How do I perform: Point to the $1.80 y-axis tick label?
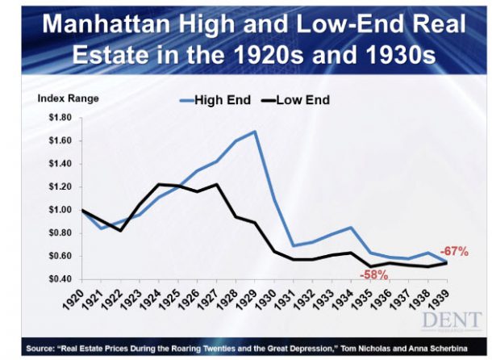pyautogui.click(x=60, y=118)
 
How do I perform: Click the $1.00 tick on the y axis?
pyautogui.click(x=60, y=210)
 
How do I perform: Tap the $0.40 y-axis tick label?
pyautogui.click(x=60, y=278)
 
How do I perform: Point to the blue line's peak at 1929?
pyautogui.click(x=256, y=131)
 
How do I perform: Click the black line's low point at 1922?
pyautogui.click(x=120, y=231)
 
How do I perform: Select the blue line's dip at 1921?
pyautogui.click(x=100, y=228)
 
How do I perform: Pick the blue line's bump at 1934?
pyautogui.click(x=351, y=228)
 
